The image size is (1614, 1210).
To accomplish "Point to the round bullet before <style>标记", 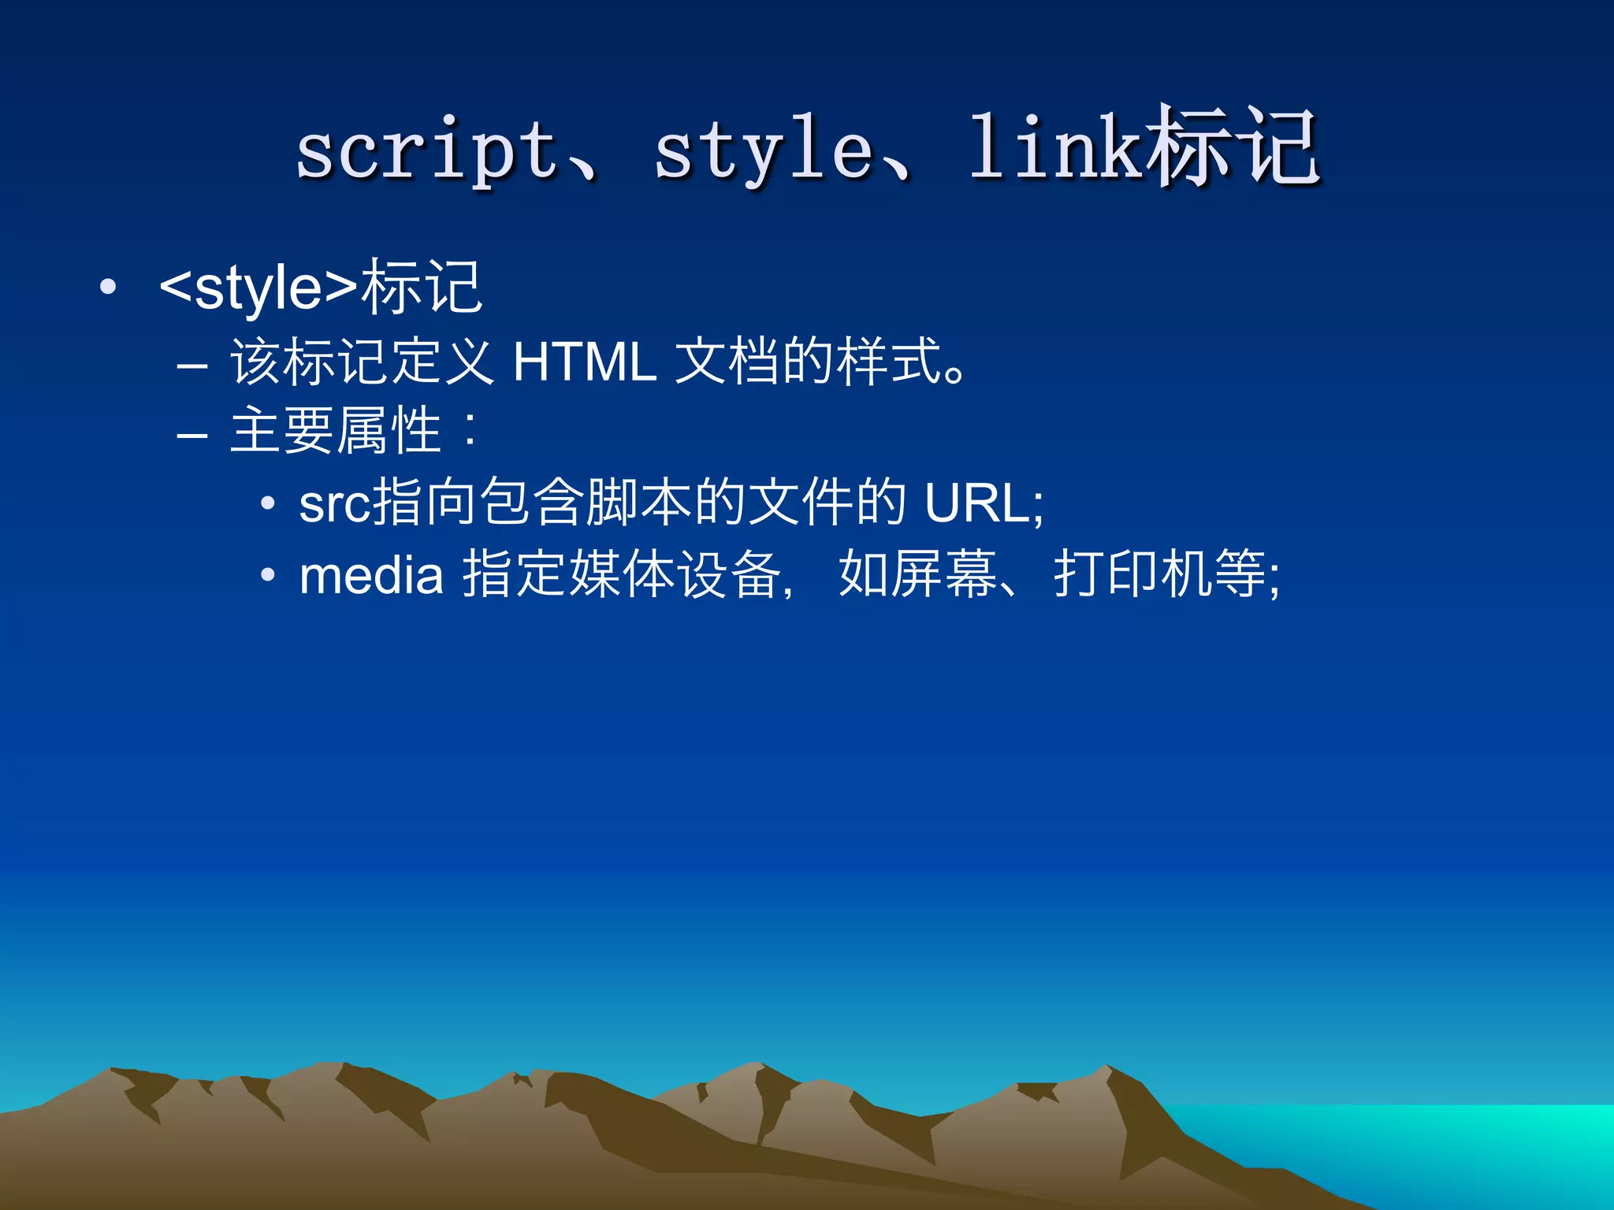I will click(x=109, y=288).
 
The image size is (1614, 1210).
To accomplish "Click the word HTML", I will click(x=585, y=362).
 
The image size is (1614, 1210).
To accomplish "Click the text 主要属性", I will click(x=335, y=431).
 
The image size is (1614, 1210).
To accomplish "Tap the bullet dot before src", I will click(x=268, y=503).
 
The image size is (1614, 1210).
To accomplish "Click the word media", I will click(x=371, y=575).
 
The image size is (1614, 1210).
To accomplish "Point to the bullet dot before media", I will click(x=268, y=576).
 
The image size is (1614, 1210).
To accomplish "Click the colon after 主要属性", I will click(x=471, y=432).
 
